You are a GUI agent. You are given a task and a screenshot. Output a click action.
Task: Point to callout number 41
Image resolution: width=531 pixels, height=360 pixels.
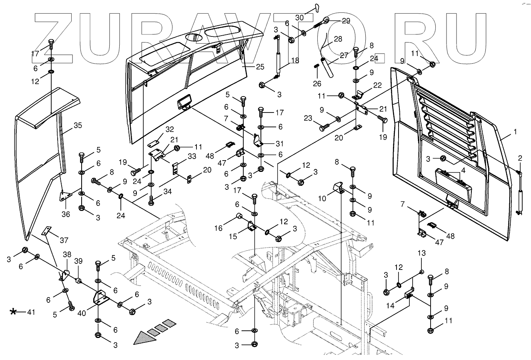[x=31, y=312]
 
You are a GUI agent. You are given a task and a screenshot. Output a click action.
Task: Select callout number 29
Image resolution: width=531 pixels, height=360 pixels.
[x=345, y=20]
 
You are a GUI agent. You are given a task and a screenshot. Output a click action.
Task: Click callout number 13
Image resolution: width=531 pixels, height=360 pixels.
[x=422, y=253]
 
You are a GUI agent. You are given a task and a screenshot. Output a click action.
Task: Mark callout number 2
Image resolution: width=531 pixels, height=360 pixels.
[x=520, y=158]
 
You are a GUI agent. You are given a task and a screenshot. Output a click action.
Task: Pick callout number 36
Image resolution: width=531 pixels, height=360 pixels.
[x=66, y=214]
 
